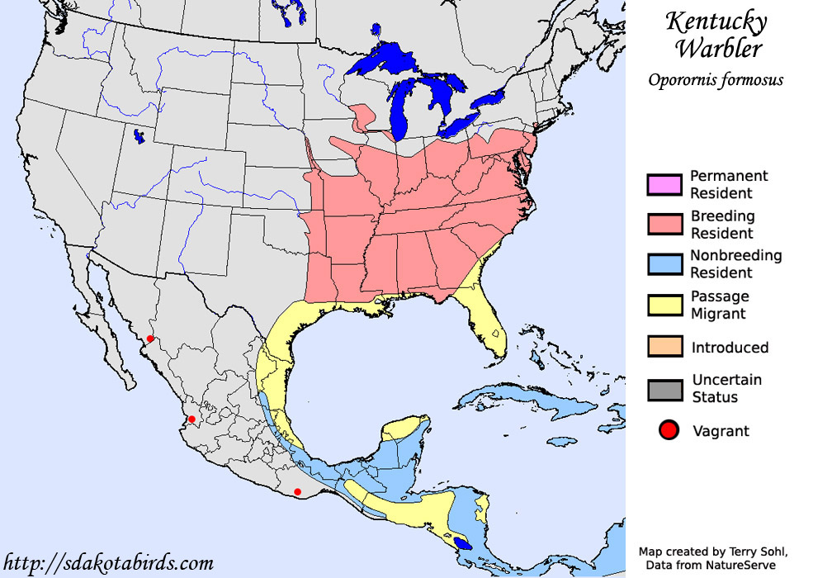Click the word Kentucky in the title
(716, 22)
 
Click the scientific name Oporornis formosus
(715, 80)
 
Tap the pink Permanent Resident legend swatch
(664, 185)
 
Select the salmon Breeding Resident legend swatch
(664, 225)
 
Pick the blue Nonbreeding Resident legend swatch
(664, 264)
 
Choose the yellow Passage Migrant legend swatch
(664, 305)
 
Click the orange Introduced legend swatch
(664, 347)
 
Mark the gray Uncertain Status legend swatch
(664, 389)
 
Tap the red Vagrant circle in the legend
(669, 430)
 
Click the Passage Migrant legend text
(720, 305)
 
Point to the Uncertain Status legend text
(726, 389)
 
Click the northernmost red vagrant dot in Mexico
(149, 339)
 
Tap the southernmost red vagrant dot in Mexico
(298, 492)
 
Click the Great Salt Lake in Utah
(138, 135)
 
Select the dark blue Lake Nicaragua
(465, 544)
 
